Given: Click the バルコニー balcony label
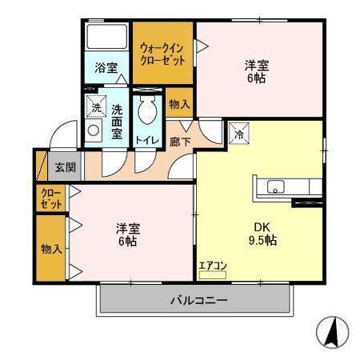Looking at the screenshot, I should click(x=198, y=301).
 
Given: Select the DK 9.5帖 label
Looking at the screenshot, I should click(x=259, y=232).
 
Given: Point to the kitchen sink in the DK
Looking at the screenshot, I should click(x=274, y=189).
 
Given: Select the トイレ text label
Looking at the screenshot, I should click(x=146, y=141).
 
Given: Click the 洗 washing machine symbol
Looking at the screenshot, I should click(x=95, y=106).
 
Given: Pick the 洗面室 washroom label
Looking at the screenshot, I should click(x=117, y=122).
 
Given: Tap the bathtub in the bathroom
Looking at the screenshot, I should click(x=106, y=40).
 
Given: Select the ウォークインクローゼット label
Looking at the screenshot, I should click(x=163, y=53).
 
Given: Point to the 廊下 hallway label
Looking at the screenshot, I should click(x=179, y=141).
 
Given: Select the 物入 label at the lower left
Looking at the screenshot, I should click(x=51, y=248).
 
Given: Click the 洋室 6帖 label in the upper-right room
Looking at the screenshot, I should click(x=256, y=72).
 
